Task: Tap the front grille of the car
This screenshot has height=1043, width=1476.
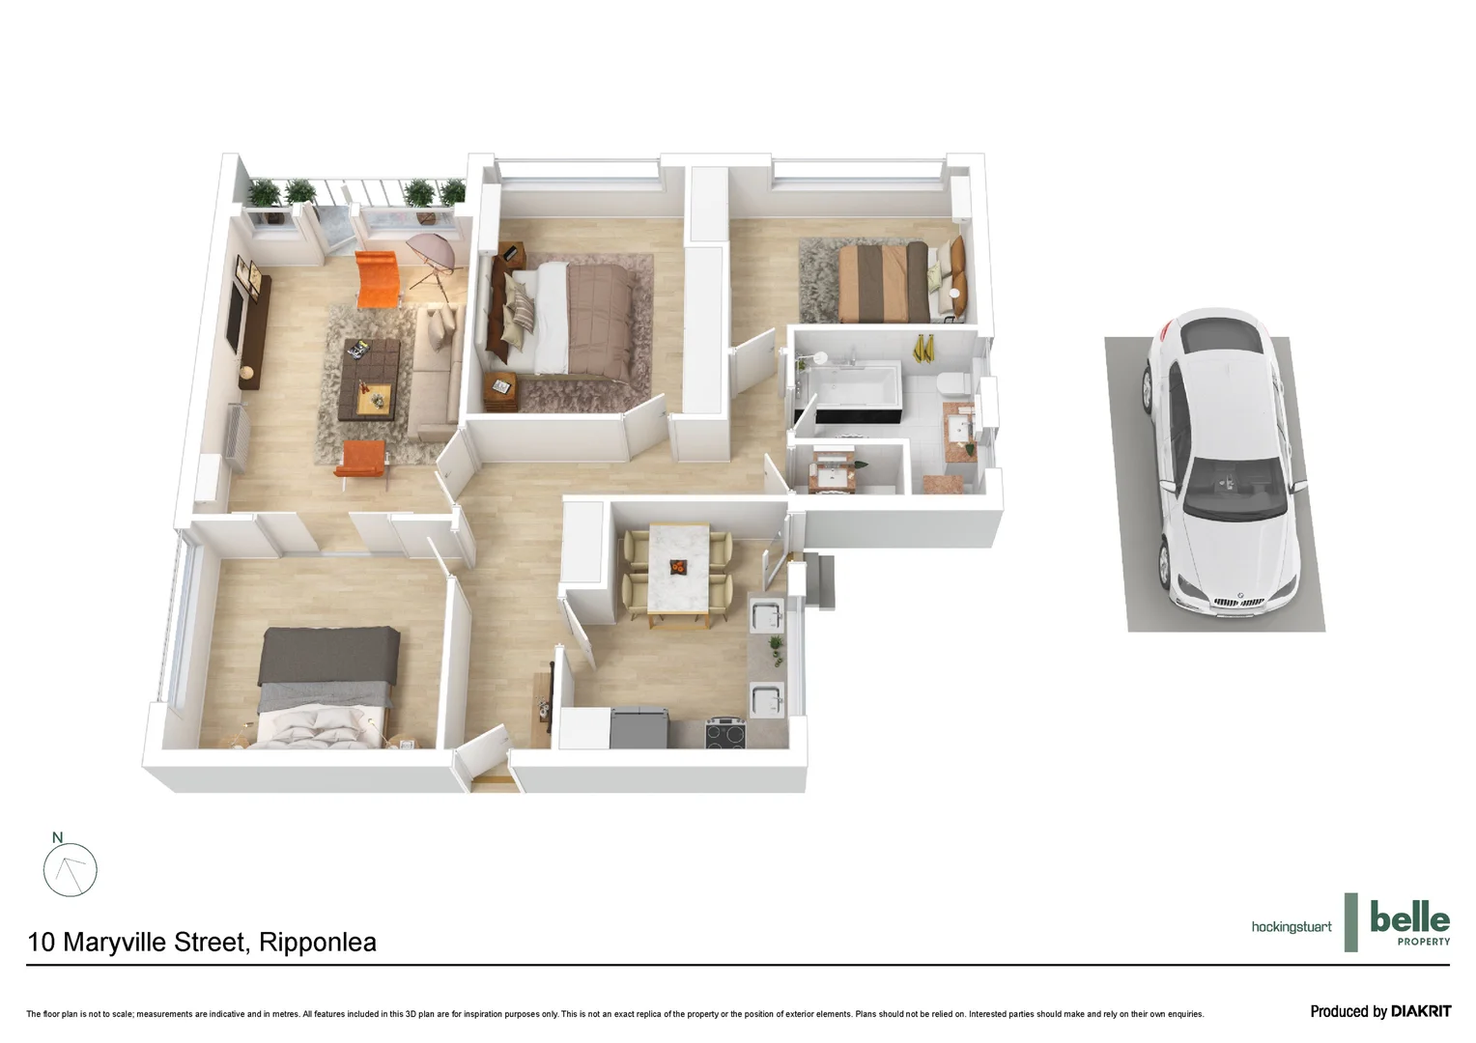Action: pyautogui.click(x=1238, y=602)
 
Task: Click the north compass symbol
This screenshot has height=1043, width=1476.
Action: pyautogui.click(x=70, y=868)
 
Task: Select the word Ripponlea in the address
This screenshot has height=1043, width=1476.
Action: pyautogui.click(x=318, y=943)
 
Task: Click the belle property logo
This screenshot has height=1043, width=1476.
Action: pyautogui.click(x=1408, y=923)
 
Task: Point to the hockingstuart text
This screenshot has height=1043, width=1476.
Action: pyautogui.click(x=1291, y=927)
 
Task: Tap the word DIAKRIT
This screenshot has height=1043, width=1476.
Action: pyautogui.click(x=1420, y=1011)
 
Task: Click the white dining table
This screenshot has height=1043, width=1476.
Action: pyautogui.click(x=679, y=567)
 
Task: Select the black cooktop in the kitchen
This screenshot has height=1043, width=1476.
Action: pyautogui.click(x=725, y=733)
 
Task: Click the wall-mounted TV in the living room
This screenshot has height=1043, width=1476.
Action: pyautogui.click(x=235, y=318)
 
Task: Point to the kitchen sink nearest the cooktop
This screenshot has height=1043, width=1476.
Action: pyautogui.click(x=766, y=700)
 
